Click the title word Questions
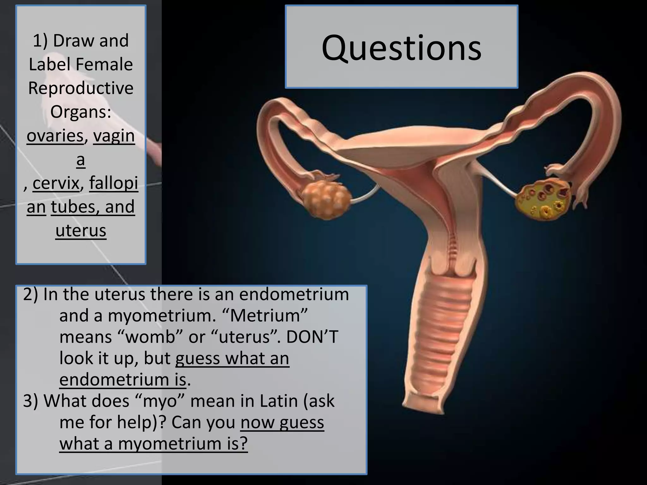coord(401,48)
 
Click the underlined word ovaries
coord(55,136)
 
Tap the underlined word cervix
coord(56,183)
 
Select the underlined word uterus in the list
coord(81,231)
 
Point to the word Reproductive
coord(81,88)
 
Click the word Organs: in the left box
coord(81,112)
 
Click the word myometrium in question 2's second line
coord(162,315)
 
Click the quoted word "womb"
coord(150,337)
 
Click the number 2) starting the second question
coord(30,294)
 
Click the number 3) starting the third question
coord(30,401)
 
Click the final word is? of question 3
coord(237,444)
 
